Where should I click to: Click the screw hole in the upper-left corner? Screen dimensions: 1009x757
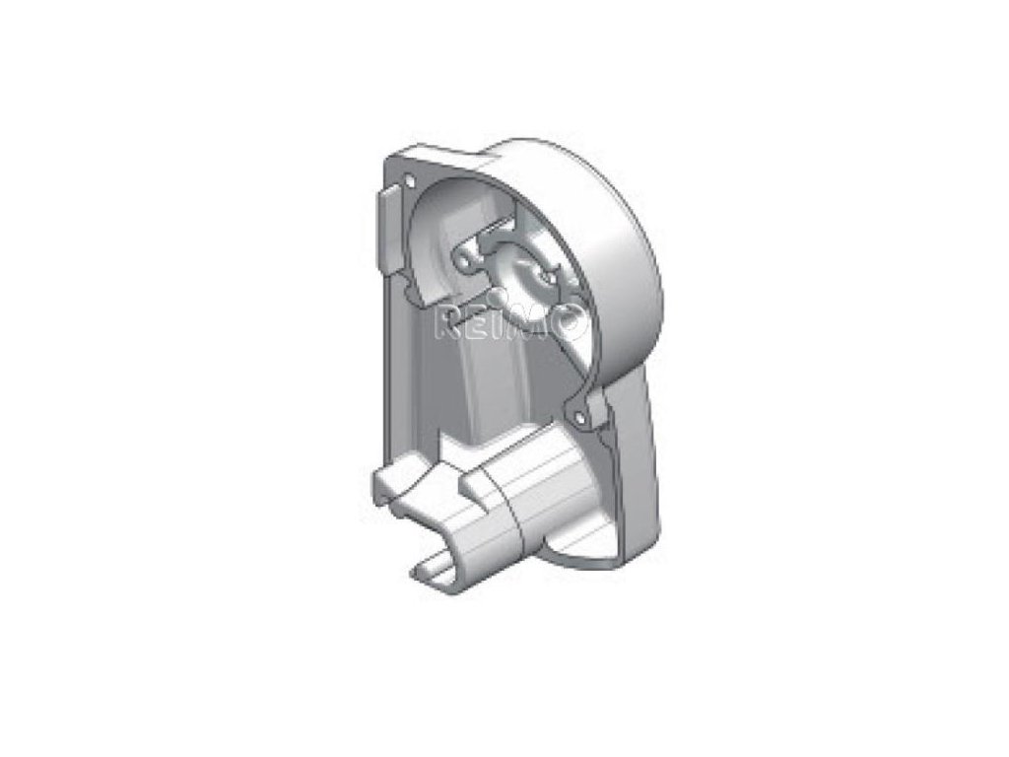(x=408, y=181)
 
